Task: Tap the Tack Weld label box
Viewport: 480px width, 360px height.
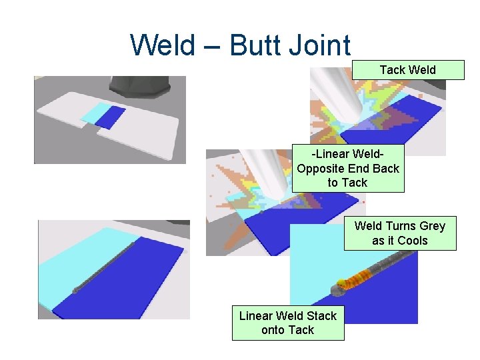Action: point(408,70)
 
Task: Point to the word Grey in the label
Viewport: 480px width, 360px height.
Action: point(429,226)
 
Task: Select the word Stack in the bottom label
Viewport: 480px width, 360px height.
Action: point(321,316)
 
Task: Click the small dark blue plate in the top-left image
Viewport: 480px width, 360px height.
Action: point(111,117)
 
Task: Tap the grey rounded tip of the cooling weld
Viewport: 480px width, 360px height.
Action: point(338,289)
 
